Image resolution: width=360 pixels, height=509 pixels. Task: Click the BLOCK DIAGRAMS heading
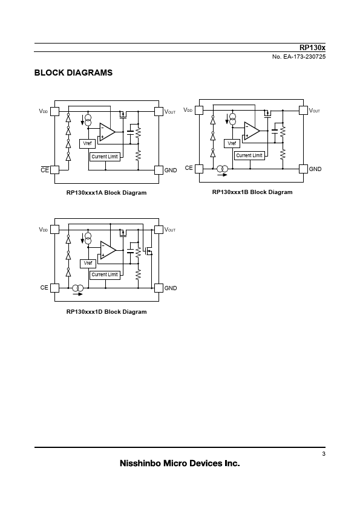(x=73, y=73)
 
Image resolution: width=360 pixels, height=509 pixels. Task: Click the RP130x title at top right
(x=312, y=47)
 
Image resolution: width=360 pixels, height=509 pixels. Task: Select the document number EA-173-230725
(x=304, y=57)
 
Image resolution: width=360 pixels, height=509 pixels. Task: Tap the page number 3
(x=324, y=454)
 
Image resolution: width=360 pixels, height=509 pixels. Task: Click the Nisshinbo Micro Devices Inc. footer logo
(x=180, y=463)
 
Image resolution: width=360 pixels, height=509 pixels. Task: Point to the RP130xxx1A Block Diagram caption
(x=106, y=193)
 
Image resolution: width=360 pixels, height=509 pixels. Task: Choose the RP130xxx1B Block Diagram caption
(x=252, y=192)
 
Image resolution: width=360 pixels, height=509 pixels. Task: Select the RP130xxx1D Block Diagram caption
(x=106, y=312)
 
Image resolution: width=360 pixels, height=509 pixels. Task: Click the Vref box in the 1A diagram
(x=87, y=144)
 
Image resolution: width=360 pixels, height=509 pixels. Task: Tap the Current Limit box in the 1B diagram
(x=249, y=155)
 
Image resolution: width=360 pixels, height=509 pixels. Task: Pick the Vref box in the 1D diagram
(x=88, y=264)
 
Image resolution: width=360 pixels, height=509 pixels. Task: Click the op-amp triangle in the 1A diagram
(x=107, y=132)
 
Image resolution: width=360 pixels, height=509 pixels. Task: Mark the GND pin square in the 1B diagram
(x=303, y=169)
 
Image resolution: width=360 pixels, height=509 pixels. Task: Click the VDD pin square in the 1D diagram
(x=55, y=230)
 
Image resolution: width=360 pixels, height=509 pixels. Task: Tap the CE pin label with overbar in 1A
(x=45, y=170)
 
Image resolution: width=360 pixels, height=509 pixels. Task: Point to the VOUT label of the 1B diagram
(x=315, y=111)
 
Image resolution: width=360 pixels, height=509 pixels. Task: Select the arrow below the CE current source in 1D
(x=77, y=294)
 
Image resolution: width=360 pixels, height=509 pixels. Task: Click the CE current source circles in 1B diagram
(x=222, y=169)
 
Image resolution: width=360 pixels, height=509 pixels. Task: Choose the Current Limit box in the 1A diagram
(x=105, y=157)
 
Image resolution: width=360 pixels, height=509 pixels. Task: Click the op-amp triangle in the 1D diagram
(x=108, y=251)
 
